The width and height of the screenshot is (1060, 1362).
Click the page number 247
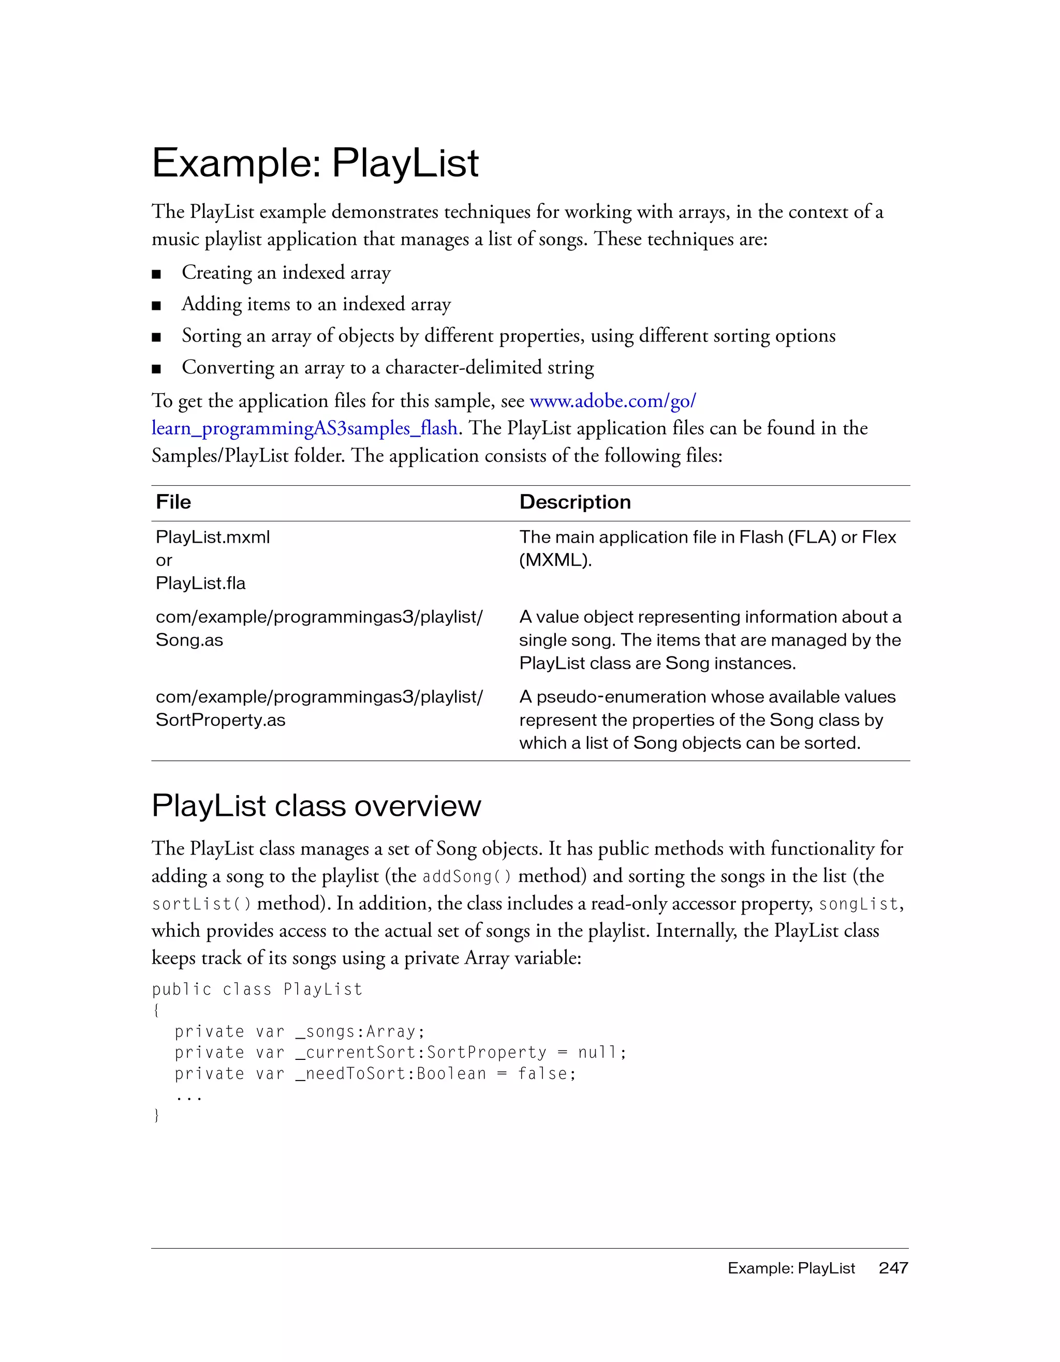pyautogui.click(x=893, y=1268)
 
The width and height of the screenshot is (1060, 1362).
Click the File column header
pyautogui.click(x=173, y=502)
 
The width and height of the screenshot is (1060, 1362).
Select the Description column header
pyautogui.click(x=575, y=502)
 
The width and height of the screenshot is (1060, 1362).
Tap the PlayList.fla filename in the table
pyautogui.click(x=200, y=583)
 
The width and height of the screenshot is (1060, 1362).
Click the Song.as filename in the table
pyautogui.click(x=189, y=640)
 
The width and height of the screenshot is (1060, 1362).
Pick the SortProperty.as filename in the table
pyautogui.click(x=220, y=720)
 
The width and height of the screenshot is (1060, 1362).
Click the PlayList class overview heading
pyautogui.click(x=316, y=806)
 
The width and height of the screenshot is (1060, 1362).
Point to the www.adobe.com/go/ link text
pyautogui.click(x=613, y=401)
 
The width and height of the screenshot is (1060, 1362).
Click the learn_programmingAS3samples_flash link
pyautogui.click(x=304, y=428)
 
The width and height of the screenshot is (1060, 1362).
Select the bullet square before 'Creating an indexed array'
pyautogui.click(x=157, y=274)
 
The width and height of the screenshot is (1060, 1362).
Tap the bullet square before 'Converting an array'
pyautogui.click(x=157, y=369)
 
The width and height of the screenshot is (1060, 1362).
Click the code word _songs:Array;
pyautogui.click(x=360, y=1032)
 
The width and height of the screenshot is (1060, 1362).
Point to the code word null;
pyautogui.click(x=601, y=1053)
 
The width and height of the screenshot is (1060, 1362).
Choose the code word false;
pyautogui.click(x=547, y=1074)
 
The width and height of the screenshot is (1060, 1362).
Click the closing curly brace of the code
pyautogui.click(x=156, y=1116)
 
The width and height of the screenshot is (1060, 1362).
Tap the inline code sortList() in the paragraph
pyautogui.click(x=201, y=904)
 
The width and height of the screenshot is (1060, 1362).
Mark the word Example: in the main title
pyautogui.click(x=237, y=163)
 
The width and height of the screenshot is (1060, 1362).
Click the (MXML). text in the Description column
pyautogui.click(x=555, y=560)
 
